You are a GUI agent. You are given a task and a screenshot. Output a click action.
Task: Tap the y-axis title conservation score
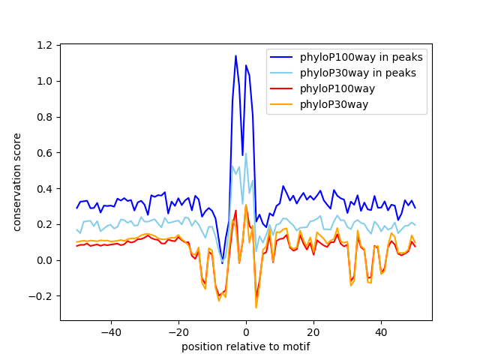click(x=17, y=182)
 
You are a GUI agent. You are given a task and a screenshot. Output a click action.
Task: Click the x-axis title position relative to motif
click(x=245, y=346)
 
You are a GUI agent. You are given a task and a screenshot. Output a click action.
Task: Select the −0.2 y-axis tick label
click(x=43, y=295)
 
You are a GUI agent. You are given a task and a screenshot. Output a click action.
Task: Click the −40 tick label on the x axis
click(x=110, y=331)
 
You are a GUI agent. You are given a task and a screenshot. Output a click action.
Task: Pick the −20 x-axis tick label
click(x=178, y=331)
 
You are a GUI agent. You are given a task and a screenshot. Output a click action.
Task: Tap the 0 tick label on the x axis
click(x=245, y=331)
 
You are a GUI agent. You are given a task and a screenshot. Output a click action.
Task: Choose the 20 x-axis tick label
click(x=313, y=331)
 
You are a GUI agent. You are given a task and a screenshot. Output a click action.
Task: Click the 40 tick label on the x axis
click(x=380, y=331)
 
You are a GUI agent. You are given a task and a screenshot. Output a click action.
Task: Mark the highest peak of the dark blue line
click(x=235, y=55)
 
